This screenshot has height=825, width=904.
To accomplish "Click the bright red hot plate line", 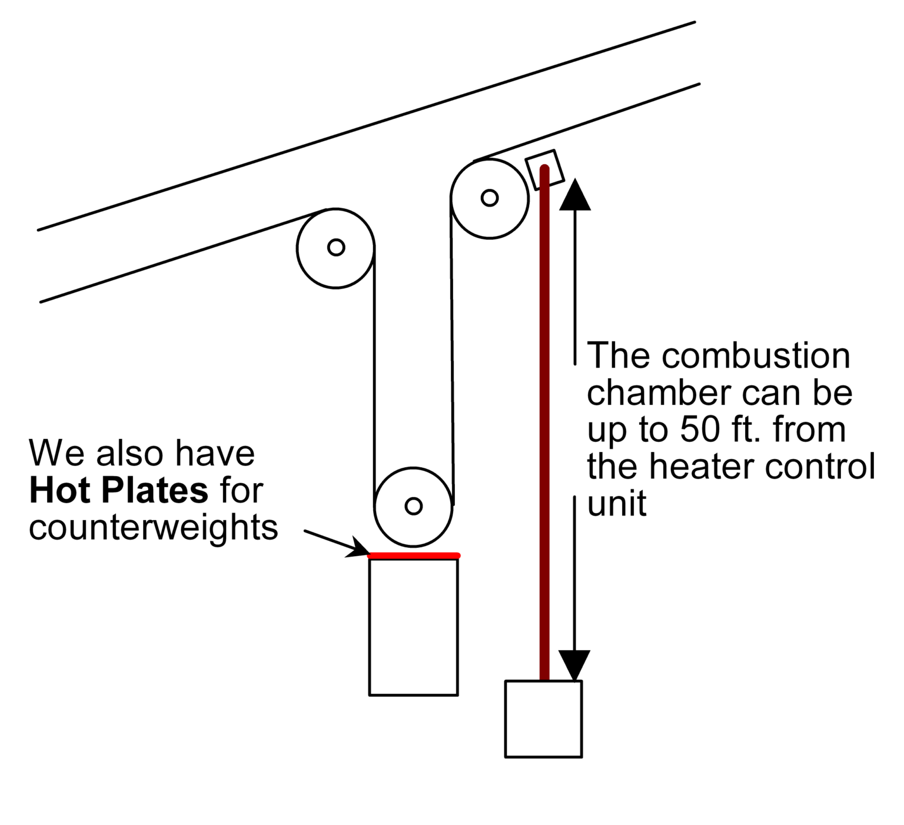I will click(413, 555).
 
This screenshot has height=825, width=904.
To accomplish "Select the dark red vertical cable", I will click(544, 424).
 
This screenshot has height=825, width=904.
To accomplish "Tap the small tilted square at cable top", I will click(544, 169).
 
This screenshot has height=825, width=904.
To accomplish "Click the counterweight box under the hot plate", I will click(413, 627).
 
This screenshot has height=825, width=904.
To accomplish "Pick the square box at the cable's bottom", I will click(543, 718).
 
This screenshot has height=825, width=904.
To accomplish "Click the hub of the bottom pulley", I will click(414, 506).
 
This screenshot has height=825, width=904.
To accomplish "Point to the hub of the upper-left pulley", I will click(336, 247).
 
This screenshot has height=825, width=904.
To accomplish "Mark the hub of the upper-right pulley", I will click(490, 198).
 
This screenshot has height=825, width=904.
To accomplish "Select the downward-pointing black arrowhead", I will click(575, 665).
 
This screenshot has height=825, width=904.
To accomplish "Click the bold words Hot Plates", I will click(118, 490).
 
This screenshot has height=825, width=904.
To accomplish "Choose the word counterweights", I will click(154, 527).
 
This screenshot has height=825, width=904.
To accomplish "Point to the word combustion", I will click(756, 356).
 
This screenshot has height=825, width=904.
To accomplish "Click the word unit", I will click(617, 504).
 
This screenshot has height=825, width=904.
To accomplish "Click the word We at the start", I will click(58, 453).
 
